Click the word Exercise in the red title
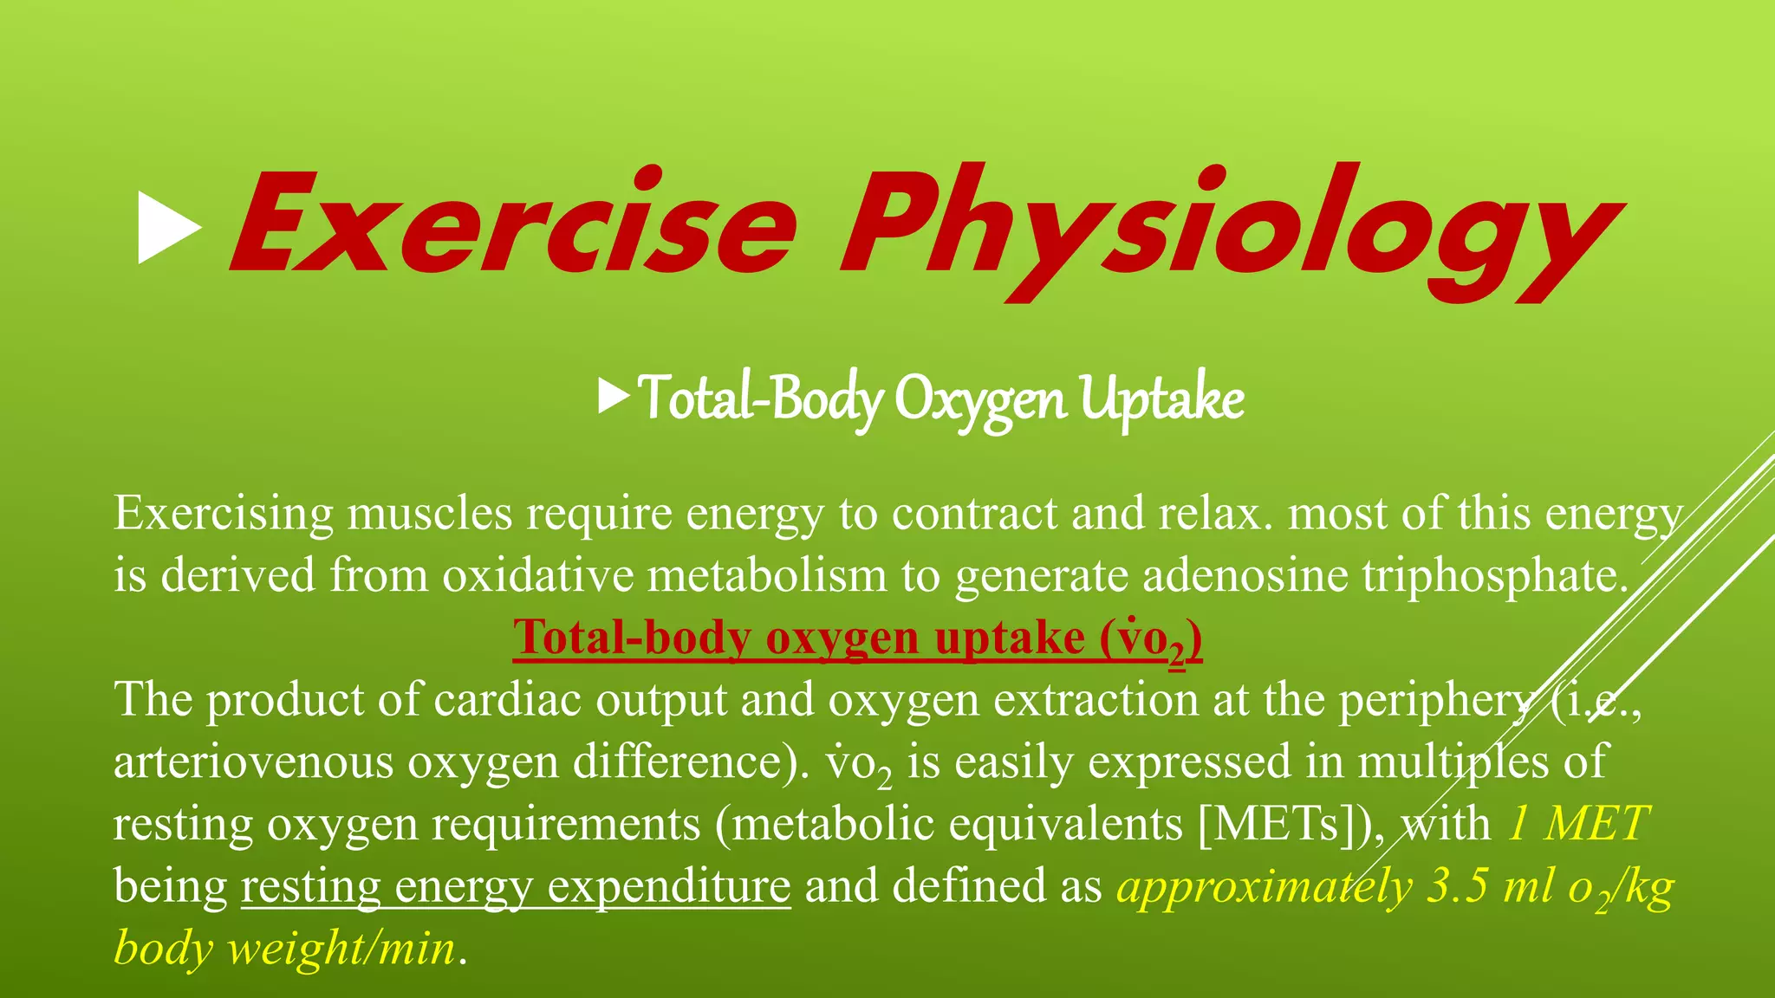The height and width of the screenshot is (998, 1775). (511, 224)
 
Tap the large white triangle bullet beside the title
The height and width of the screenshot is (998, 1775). (168, 228)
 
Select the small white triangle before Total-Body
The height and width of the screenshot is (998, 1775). (614, 398)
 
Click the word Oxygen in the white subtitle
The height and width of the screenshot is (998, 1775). (980, 399)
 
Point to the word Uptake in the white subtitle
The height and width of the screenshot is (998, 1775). (1161, 399)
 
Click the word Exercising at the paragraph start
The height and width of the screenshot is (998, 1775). (224, 513)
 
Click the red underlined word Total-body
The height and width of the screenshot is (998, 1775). (631, 638)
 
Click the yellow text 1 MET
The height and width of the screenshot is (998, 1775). (1577, 823)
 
